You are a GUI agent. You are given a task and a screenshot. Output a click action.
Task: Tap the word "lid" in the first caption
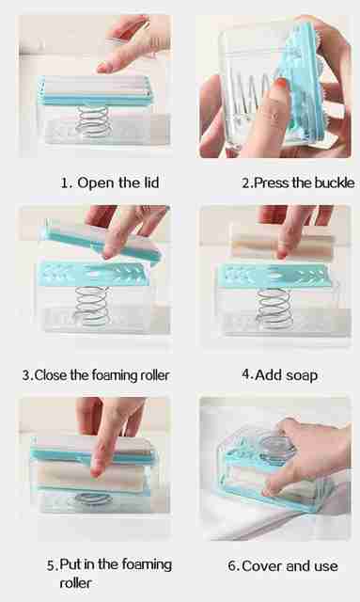click(151, 182)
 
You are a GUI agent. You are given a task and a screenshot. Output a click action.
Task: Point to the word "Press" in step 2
click(272, 182)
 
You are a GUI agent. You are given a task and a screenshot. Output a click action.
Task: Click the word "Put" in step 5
click(70, 564)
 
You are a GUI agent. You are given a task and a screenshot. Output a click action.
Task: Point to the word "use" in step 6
click(326, 566)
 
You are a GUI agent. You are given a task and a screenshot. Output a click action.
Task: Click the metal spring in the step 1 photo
click(93, 121)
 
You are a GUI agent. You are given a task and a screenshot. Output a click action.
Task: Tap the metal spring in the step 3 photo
click(91, 306)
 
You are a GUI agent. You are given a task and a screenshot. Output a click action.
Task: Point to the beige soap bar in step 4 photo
click(283, 246)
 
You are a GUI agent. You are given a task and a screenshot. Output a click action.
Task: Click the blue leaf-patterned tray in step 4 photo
click(274, 276)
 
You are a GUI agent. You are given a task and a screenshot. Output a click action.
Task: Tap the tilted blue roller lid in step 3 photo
click(102, 242)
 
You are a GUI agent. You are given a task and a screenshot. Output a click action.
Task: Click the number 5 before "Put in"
click(52, 565)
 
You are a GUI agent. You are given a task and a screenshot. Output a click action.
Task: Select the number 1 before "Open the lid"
click(65, 182)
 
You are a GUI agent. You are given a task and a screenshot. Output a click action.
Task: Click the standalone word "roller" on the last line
click(75, 583)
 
